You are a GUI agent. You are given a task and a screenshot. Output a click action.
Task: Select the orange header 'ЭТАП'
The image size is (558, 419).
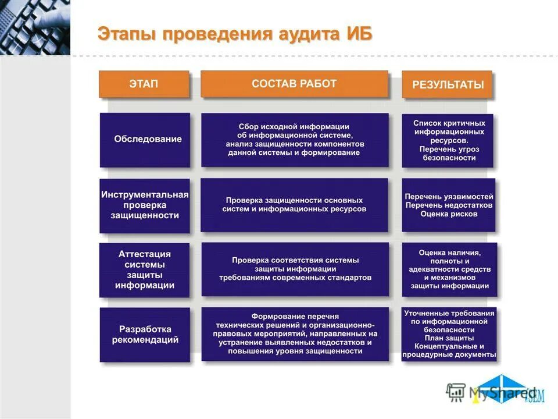coord(144,84)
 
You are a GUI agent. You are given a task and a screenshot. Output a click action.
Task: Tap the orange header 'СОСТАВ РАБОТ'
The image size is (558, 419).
coord(294,84)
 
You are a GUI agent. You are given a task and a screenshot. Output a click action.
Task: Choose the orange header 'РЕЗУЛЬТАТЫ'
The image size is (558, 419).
coord(448,85)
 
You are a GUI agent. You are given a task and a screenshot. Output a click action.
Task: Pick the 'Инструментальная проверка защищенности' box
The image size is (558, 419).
coord(145,205)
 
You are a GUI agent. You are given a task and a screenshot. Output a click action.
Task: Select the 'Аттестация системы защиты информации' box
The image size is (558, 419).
coord(145,269)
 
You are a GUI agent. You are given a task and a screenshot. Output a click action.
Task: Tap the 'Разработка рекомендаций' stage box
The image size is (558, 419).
coord(145,335)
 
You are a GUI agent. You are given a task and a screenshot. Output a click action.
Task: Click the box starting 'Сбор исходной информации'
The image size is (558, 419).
coord(295,140)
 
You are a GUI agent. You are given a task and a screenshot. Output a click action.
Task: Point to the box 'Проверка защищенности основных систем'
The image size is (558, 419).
coord(295,205)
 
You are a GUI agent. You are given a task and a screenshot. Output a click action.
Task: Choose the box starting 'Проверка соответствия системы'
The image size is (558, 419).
coord(295,269)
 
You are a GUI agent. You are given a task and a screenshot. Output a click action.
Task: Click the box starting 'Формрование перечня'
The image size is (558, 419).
coord(295,334)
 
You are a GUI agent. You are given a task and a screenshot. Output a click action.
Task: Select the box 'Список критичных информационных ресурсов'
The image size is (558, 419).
coord(448,140)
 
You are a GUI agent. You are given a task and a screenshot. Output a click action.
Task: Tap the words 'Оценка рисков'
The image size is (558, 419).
coord(449,214)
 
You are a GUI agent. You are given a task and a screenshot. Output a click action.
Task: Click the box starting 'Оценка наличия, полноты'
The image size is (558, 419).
coord(449,269)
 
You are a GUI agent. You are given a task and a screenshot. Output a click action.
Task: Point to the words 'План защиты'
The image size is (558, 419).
coord(449,338)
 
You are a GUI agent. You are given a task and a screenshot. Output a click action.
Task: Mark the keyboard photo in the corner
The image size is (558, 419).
coord(35,27)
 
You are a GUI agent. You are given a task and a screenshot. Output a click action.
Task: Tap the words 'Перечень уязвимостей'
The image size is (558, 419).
coord(449,197)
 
